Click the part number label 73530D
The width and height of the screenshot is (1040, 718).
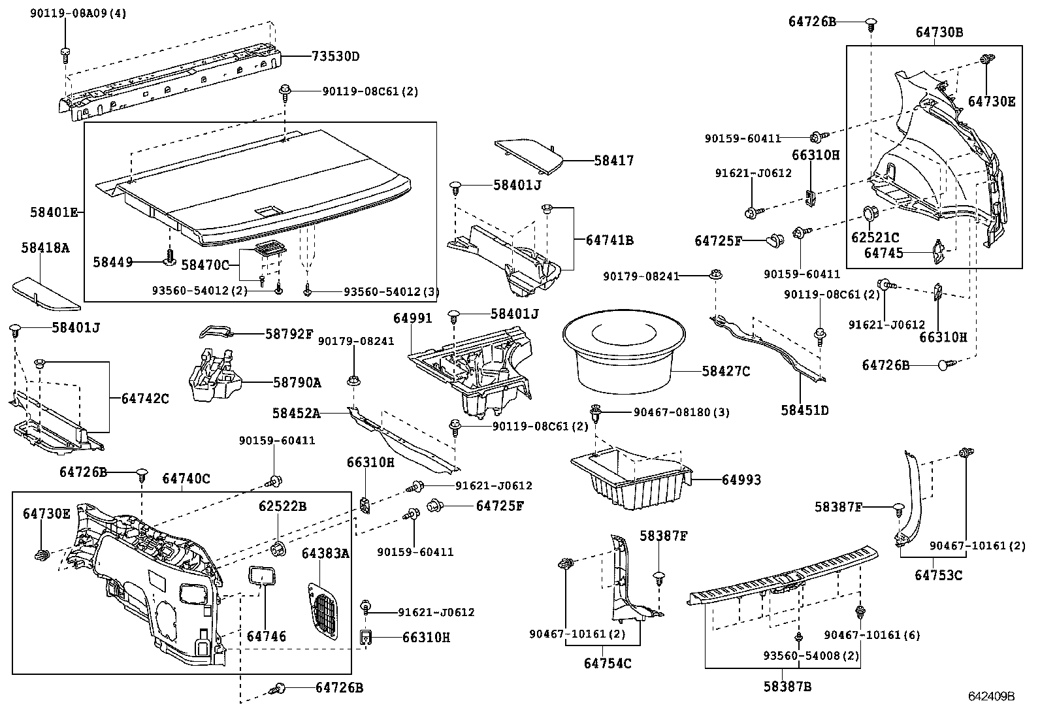point(335,56)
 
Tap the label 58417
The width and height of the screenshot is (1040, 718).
point(613,160)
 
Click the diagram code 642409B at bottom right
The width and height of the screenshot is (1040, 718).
point(991,696)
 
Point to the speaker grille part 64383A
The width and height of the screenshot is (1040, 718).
point(323,611)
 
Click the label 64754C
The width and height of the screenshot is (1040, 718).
point(608,663)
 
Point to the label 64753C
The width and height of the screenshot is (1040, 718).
point(938,575)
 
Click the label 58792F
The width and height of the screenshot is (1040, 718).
point(289,334)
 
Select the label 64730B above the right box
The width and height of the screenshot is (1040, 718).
point(939,32)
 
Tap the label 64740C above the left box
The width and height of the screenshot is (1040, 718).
point(186,479)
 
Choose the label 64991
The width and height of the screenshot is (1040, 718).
point(412,318)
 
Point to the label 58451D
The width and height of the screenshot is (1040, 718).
point(804,410)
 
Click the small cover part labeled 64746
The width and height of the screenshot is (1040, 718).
point(262,577)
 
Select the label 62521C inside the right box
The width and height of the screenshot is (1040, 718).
point(874,237)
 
